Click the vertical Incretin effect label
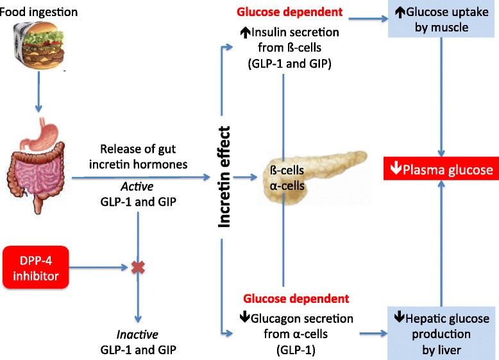pos(224,177)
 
